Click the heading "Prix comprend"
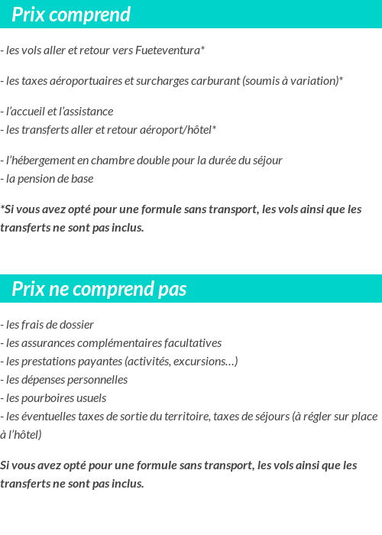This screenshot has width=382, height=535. (71, 15)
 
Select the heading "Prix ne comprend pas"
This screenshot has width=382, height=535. (99, 290)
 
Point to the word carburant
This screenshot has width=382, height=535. (215, 80)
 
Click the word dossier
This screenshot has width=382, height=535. (75, 324)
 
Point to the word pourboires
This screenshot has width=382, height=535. (47, 398)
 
